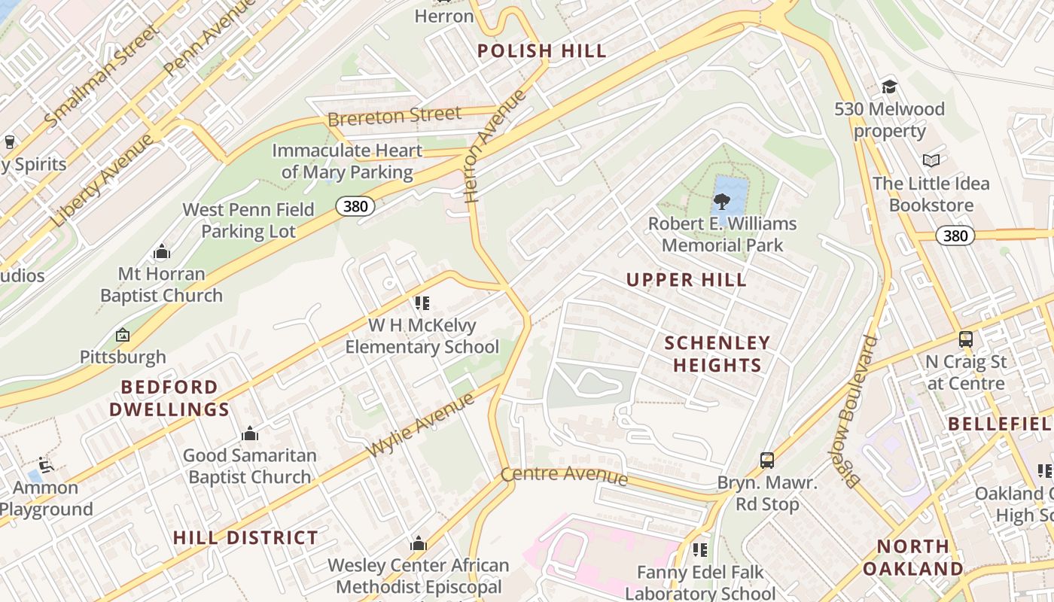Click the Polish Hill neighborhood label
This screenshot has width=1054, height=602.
tap(542, 51)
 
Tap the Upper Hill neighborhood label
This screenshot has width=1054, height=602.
tap(687, 280)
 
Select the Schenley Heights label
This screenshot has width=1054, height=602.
tap(717, 354)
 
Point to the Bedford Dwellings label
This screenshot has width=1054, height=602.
tap(169, 398)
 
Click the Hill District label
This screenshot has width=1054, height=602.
tap(245, 537)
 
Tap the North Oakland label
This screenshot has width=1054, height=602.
tap(912, 557)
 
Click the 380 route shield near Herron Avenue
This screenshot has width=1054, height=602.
tap(355, 206)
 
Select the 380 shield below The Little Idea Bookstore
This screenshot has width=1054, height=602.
tap(955, 236)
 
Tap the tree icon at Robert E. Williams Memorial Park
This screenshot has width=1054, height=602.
tap(721, 201)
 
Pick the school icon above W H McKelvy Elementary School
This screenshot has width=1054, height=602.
tap(422, 303)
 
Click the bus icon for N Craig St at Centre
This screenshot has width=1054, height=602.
tap(966, 339)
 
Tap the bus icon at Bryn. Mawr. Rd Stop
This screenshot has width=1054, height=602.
tap(766, 460)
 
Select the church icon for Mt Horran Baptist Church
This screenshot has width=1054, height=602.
tap(161, 251)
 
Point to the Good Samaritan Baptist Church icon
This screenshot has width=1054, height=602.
tap(249, 433)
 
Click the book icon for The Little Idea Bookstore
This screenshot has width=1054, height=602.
tap(931, 160)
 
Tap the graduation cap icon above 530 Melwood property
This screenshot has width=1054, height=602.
tap(889, 87)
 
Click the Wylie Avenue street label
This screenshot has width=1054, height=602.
tap(421, 425)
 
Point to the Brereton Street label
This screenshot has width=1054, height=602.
tap(394, 117)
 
